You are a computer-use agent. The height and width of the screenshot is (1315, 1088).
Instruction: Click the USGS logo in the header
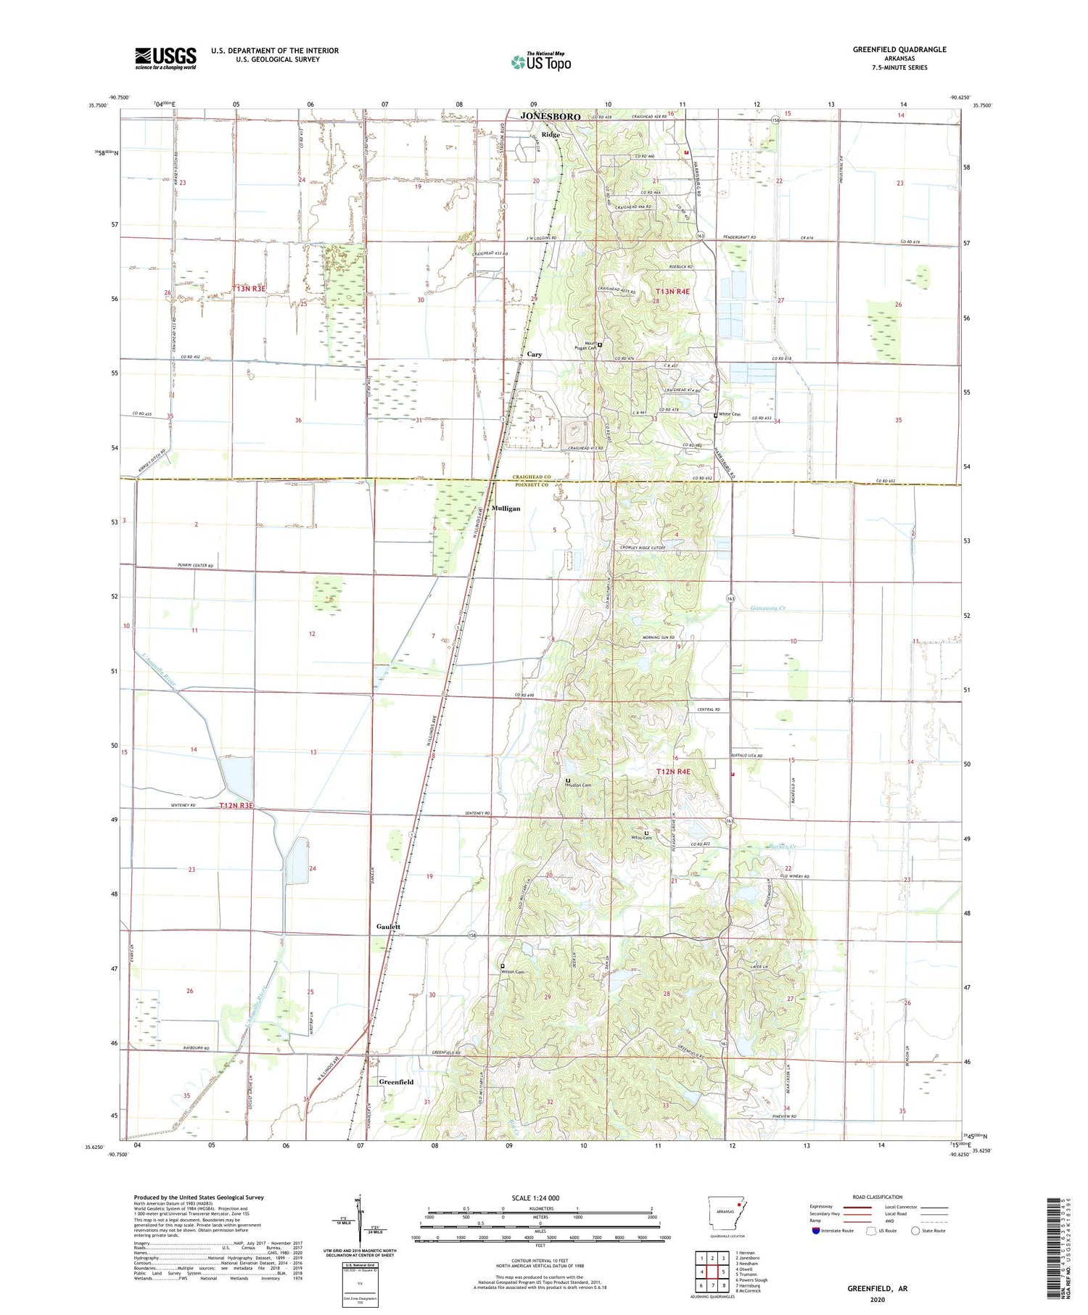pos(165,58)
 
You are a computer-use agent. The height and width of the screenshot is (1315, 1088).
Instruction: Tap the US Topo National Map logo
pos(540,62)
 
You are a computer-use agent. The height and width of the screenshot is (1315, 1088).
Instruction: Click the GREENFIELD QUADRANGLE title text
pos(900,49)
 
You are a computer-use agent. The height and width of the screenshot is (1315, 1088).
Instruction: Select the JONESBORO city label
pos(550,117)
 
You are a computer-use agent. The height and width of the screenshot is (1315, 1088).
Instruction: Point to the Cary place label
pos(534,355)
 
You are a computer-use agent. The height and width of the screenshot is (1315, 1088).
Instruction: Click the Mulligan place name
pos(506,508)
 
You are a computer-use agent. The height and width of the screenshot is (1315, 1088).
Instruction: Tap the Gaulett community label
pos(388,927)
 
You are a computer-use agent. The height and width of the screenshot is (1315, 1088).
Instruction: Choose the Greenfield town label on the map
pos(396,1081)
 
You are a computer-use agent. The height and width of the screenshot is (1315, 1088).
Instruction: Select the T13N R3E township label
pos(250,289)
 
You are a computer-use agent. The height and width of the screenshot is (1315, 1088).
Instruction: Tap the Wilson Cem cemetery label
pos(512,972)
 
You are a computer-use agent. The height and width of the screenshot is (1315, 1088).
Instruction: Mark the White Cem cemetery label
pos(730,414)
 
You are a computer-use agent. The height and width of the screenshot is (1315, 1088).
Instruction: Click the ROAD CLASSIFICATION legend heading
pos(878,1197)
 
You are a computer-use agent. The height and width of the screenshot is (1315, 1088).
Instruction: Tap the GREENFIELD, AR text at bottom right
pos(877,1289)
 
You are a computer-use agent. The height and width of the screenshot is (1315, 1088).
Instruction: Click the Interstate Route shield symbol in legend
pos(816,1231)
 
